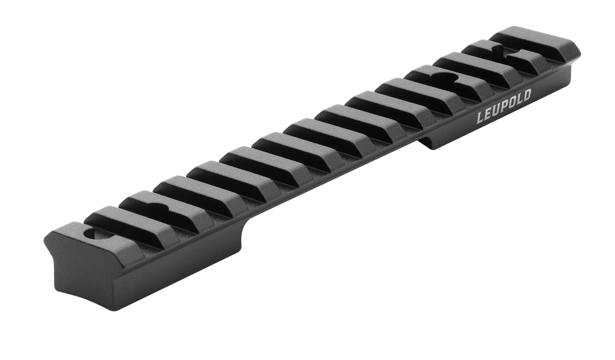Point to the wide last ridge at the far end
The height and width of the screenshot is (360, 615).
535,42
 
